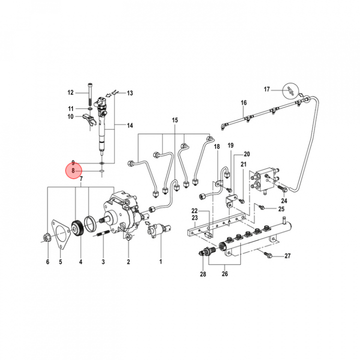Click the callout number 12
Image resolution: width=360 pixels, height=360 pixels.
click(x=70, y=92)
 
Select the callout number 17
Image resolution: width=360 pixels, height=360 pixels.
click(x=267, y=89)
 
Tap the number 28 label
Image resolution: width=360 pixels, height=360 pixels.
click(x=203, y=274)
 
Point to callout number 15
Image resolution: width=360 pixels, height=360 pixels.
click(x=175, y=120)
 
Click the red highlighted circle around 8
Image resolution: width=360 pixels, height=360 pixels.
click(x=73, y=170)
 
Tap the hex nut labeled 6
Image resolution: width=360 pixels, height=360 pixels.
click(x=47, y=238)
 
